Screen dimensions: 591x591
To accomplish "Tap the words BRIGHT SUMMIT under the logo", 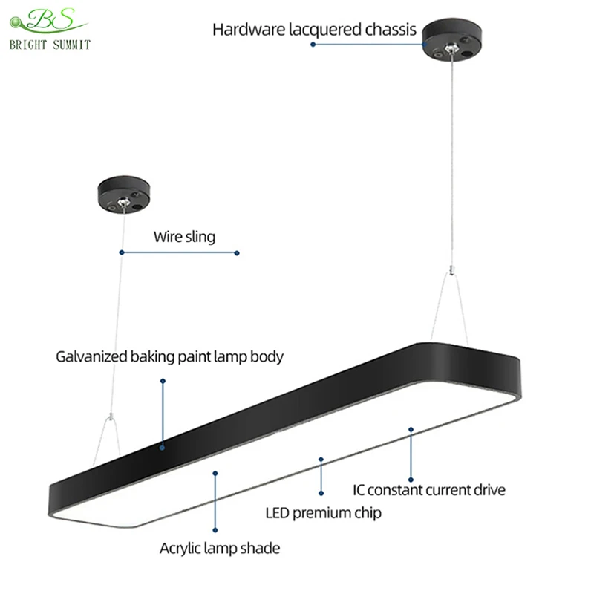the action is click(x=50, y=45).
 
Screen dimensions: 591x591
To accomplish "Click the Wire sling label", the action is click(x=184, y=238).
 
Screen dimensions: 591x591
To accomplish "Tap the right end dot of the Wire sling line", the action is click(x=237, y=252).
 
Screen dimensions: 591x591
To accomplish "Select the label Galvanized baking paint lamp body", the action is click(x=170, y=356).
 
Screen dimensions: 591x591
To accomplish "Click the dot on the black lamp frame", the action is click(x=163, y=448).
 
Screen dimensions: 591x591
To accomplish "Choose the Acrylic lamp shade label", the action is click(x=220, y=549).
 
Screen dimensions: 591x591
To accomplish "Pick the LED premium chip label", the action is click(x=324, y=512).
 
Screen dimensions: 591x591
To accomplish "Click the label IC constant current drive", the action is click(x=428, y=490).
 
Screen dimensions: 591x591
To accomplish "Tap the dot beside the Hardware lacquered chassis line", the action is click(x=313, y=45).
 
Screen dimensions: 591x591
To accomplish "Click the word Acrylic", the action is click(x=182, y=549).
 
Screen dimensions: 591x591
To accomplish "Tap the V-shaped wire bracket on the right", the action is click(x=448, y=297).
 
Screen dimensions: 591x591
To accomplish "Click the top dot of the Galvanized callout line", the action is click(x=163, y=381).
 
